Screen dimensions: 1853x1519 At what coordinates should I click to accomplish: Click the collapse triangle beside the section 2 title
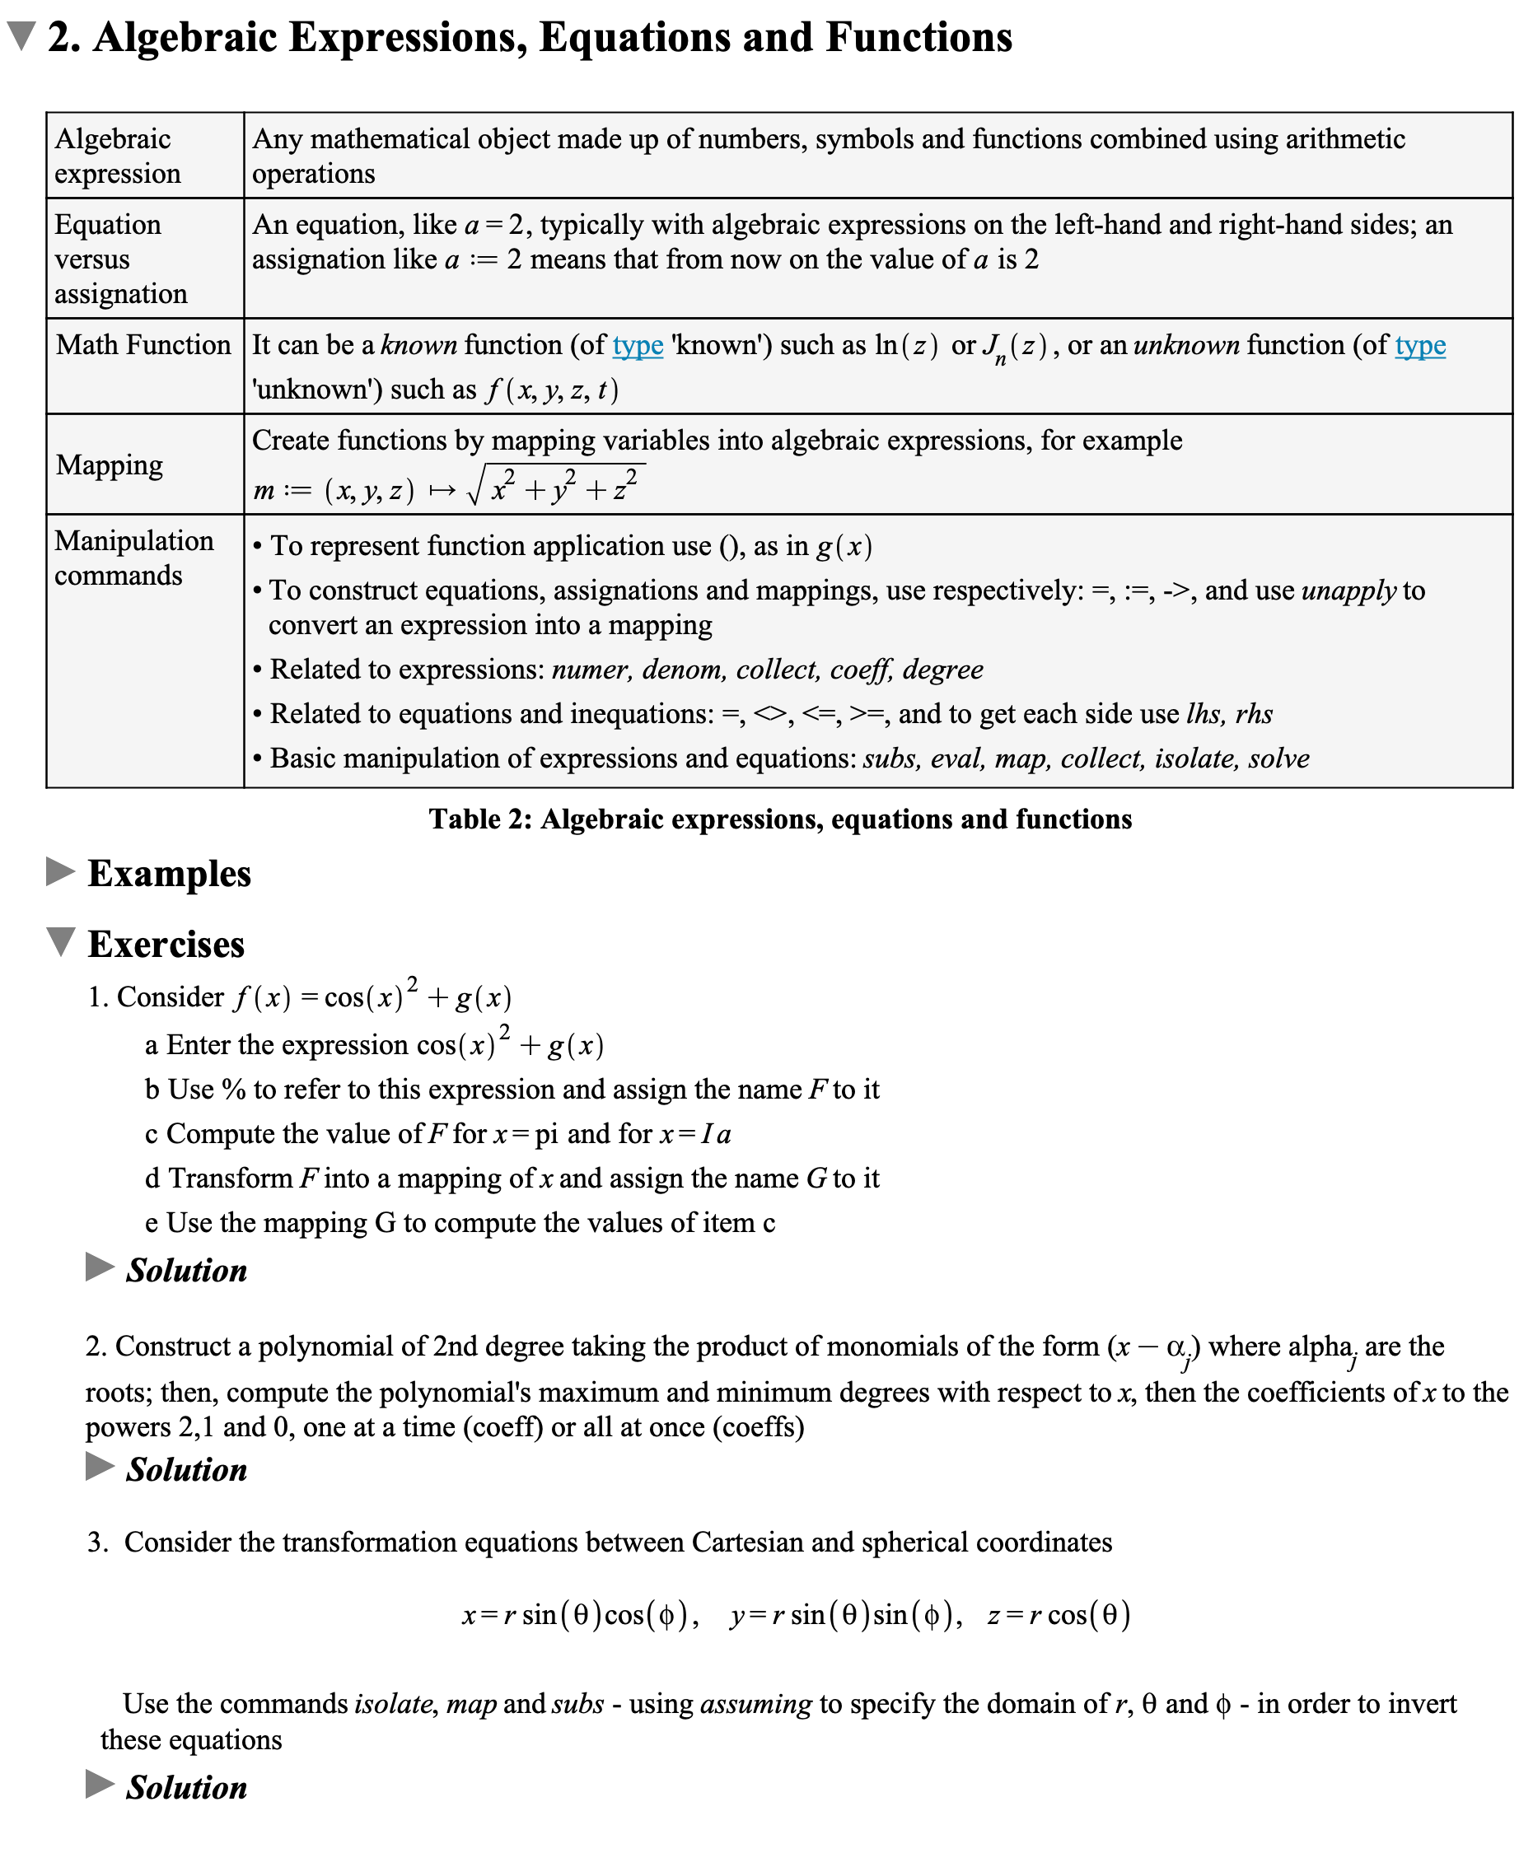tap(20, 36)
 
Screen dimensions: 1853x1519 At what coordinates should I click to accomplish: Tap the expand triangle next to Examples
tap(59, 871)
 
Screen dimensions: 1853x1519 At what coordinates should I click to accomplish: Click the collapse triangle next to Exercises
tap(60, 942)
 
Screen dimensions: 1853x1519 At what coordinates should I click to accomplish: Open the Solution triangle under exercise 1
tap(100, 1267)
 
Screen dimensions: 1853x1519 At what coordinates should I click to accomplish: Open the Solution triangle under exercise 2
tap(100, 1466)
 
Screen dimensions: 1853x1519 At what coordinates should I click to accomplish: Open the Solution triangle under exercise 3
tap(100, 1784)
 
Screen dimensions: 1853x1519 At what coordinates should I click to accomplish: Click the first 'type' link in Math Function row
tap(637, 345)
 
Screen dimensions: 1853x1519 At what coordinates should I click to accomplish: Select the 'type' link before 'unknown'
tap(1419, 345)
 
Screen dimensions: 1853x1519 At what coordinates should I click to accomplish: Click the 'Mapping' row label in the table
tap(110, 464)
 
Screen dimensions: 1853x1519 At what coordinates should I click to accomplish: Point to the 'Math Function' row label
tap(143, 345)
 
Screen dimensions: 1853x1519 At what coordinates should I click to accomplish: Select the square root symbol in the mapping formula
tap(475, 488)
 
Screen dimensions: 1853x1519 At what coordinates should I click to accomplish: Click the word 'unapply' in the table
tap(1348, 590)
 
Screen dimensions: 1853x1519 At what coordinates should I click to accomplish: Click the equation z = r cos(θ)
tap(1059, 1614)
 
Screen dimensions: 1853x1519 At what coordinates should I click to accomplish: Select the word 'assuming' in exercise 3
tap(756, 1703)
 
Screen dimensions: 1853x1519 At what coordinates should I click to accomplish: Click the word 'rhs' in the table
tap(1254, 714)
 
